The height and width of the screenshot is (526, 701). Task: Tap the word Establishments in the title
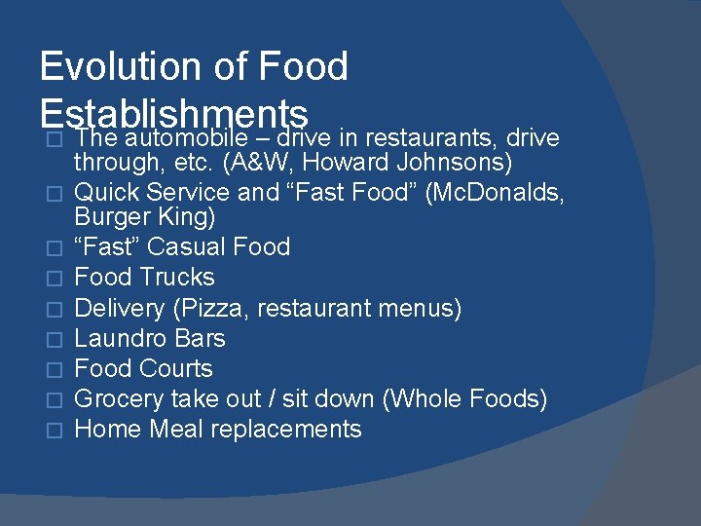tap(174, 112)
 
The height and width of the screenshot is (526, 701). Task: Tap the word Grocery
tap(119, 399)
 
